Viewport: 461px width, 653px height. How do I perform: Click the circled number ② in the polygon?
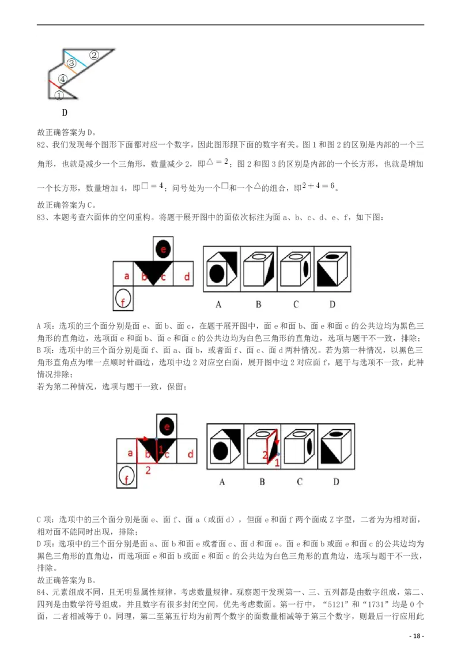click(95, 55)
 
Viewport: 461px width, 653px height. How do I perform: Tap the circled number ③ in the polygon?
click(71, 63)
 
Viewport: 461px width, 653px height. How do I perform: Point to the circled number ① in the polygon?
click(59, 96)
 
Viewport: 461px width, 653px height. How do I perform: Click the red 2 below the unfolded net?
click(148, 470)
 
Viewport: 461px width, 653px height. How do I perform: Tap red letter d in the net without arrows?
click(187, 277)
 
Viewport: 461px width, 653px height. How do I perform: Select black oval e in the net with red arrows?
click(167, 427)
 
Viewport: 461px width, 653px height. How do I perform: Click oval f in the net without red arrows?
click(123, 298)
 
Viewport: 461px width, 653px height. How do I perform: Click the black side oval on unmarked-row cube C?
click(306, 271)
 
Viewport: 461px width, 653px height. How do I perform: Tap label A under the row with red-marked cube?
click(222, 481)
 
